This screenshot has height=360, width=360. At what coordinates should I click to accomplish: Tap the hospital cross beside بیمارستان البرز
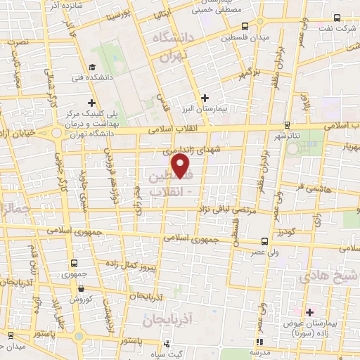(205, 98)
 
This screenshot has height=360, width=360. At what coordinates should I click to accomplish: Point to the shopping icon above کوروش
(83, 288)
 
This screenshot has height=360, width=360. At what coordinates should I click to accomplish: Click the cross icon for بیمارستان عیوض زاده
(310, 311)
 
